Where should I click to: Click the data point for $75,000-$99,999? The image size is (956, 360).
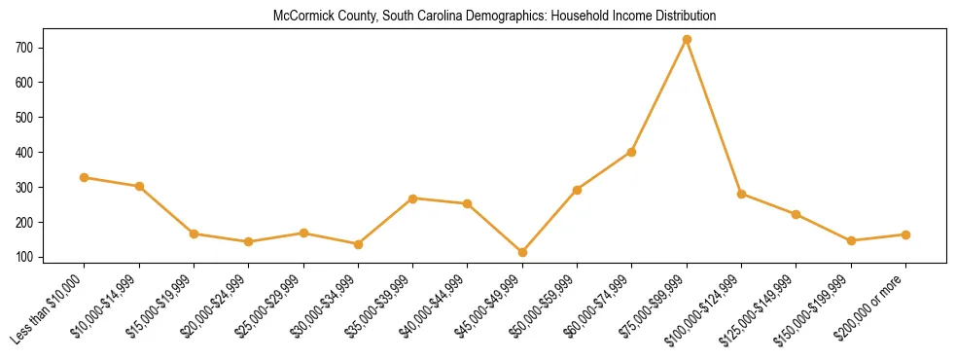[x=687, y=40]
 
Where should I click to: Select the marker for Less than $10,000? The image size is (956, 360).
[x=85, y=177]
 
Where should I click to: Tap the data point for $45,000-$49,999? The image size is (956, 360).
[x=522, y=252]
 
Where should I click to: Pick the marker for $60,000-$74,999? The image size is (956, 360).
[x=632, y=152]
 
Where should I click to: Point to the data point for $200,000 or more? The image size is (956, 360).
[x=905, y=234]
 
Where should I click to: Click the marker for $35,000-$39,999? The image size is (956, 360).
[x=413, y=198]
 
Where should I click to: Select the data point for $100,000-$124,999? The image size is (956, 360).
[x=741, y=195]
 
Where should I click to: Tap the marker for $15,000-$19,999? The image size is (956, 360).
[x=194, y=234]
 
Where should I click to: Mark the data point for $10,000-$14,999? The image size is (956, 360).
[x=139, y=186]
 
